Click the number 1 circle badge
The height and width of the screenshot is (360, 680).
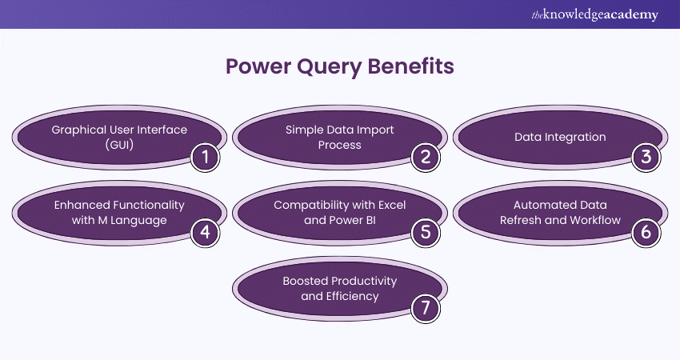[205, 157]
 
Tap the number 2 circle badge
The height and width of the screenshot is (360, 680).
[426, 157]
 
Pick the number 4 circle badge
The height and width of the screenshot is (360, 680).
[205, 231]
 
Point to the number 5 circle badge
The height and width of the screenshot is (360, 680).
[426, 231]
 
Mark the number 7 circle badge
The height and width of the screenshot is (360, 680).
[426, 306]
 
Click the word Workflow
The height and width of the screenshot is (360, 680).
[592, 220]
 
